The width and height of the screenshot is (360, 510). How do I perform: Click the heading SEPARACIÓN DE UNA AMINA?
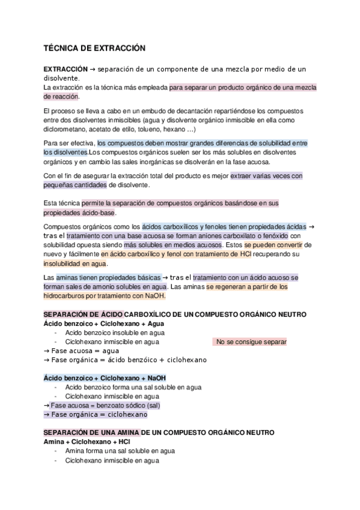pos(92,432)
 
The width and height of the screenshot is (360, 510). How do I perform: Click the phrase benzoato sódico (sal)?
pos(126,405)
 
